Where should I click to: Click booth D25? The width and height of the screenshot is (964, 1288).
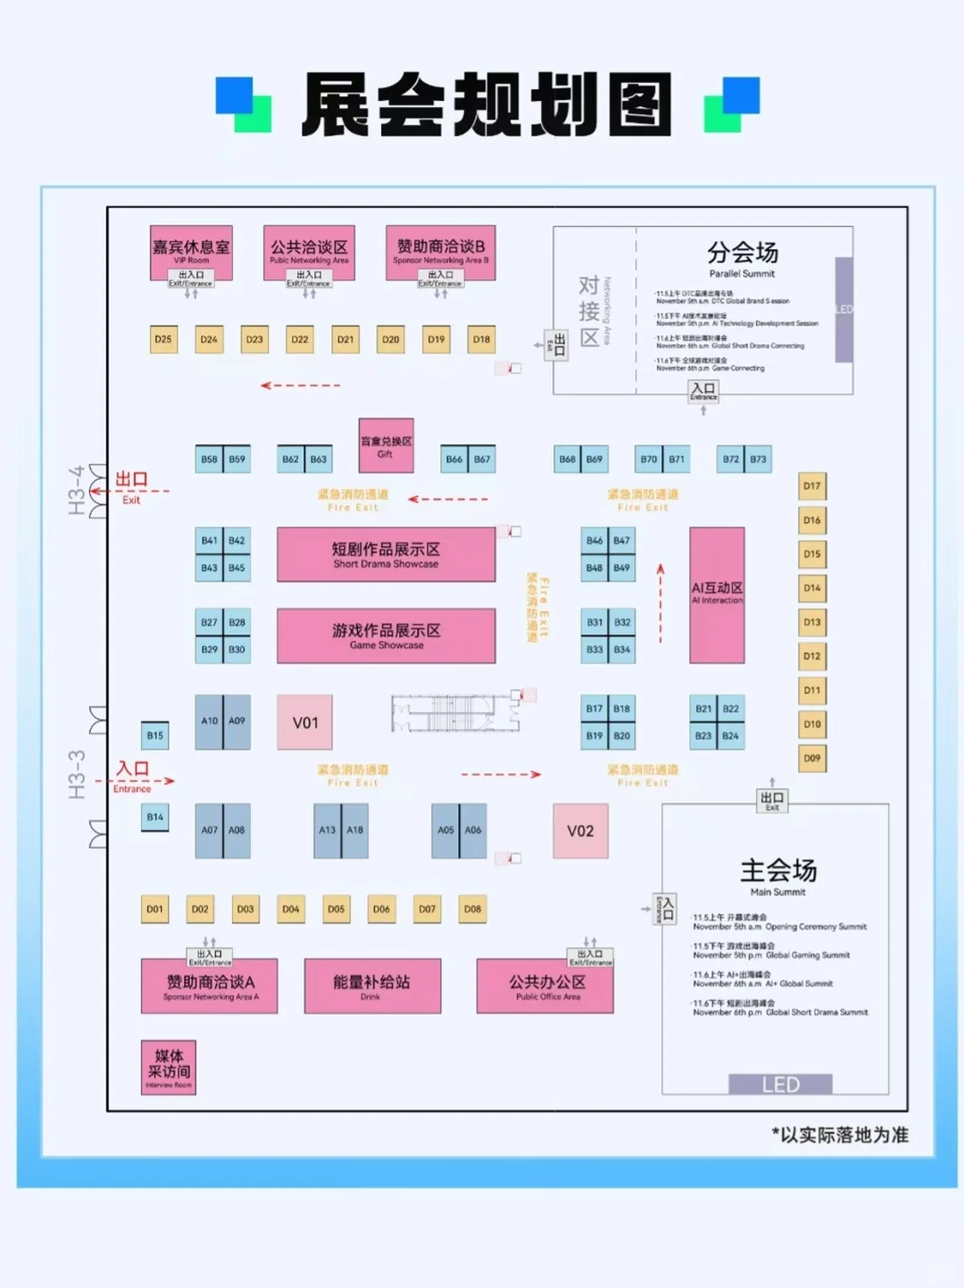pyautogui.click(x=163, y=339)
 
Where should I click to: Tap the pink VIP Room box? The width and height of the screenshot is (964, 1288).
pyautogui.click(x=191, y=250)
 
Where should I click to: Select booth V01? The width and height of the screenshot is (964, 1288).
pyautogui.click(x=305, y=722)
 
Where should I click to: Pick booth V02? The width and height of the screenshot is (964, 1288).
pyautogui.click(x=580, y=831)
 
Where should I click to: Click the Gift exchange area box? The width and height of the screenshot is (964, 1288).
pyautogui.click(x=386, y=445)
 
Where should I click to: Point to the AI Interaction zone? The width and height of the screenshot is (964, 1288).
pyautogui.click(x=717, y=594)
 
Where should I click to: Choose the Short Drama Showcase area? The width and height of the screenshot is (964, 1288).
pyautogui.click(x=386, y=554)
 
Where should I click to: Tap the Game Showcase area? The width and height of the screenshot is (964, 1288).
pyautogui.click(x=386, y=636)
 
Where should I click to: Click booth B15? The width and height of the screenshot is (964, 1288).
pyautogui.click(x=155, y=735)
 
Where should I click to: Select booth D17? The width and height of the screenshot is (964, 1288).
pyautogui.click(x=811, y=486)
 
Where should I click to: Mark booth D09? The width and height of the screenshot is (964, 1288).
pyautogui.click(x=811, y=759)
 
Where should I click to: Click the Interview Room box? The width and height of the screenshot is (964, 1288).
pyautogui.click(x=169, y=1068)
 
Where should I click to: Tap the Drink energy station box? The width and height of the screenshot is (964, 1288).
pyautogui.click(x=372, y=986)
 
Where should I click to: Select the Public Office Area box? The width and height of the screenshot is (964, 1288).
pyautogui.click(x=545, y=986)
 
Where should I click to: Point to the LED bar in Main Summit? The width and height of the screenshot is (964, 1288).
pyautogui.click(x=780, y=1084)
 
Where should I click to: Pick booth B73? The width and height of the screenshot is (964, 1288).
pyautogui.click(x=758, y=460)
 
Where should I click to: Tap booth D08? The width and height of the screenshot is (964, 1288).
pyautogui.click(x=472, y=910)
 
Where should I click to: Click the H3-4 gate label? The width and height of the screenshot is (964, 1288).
pyautogui.click(x=77, y=490)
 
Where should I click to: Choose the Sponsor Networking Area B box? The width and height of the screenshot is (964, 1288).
pyautogui.click(x=440, y=250)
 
